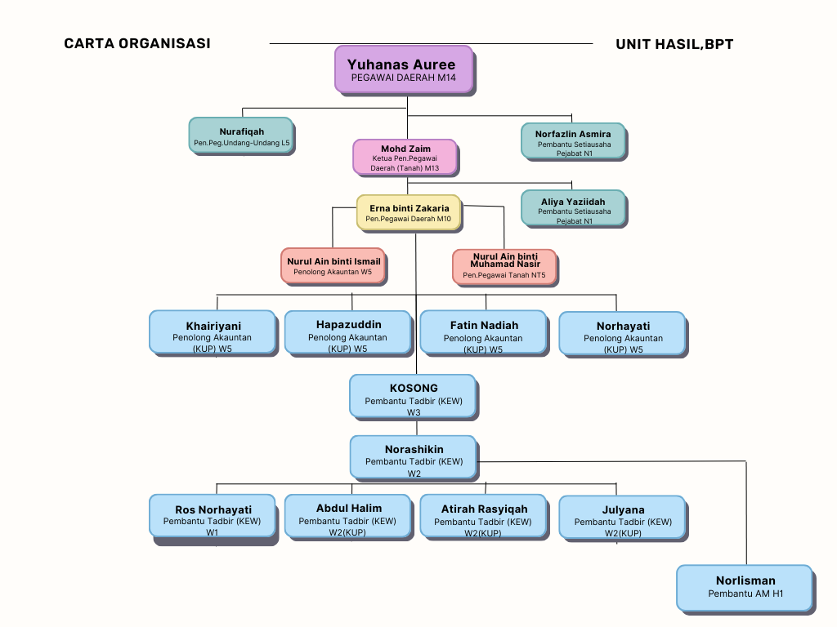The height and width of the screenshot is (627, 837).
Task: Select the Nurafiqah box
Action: [241, 136]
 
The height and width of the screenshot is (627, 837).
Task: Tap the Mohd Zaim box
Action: [405, 158]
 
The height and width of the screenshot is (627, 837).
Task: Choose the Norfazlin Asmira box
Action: [572, 140]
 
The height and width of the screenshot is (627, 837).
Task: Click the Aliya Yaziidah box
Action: [572, 208]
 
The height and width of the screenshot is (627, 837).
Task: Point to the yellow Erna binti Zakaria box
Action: [408, 212]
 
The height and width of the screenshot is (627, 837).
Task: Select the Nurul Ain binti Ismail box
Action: [333, 266]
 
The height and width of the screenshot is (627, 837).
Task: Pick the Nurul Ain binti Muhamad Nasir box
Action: [504, 267]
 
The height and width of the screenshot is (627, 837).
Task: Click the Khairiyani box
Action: [213, 332]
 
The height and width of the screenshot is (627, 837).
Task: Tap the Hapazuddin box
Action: [347, 332]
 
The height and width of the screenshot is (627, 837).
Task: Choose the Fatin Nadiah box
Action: [482, 332]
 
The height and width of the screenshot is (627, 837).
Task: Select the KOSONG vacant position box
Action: [413, 396]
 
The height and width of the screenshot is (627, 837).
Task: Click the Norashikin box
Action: [413, 457]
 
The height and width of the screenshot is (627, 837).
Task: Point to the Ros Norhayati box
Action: [213, 517]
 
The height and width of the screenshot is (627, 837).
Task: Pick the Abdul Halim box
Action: [347, 517]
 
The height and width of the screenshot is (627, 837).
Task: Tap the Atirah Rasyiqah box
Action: [482, 517]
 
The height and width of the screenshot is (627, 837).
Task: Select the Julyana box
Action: [622, 517]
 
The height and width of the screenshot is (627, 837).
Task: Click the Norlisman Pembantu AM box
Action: [745, 588]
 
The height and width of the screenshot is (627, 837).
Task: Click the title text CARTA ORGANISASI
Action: [137, 44]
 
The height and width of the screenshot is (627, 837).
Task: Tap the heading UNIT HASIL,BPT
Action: [674, 44]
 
